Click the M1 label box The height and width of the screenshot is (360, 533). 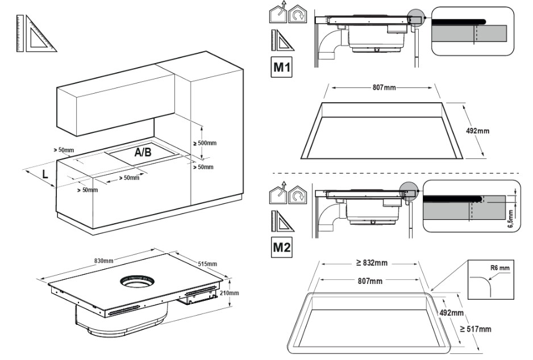(x=281, y=67)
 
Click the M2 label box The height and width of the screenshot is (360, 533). (x=281, y=247)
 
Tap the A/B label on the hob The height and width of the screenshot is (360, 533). (x=143, y=153)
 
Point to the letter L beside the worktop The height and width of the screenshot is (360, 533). (x=45, y=174)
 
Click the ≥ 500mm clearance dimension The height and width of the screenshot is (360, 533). (x=205, y=143)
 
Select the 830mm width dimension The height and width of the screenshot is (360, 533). (x=103, y=261)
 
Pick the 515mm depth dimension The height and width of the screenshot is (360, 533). (x=207, y=264)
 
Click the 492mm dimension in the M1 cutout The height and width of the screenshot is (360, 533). (x=477, y=131)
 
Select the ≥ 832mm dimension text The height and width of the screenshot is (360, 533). (x=372, y=263)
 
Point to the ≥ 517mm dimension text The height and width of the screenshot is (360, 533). (x=476, y=329)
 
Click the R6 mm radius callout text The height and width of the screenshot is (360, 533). (x=500, y=268)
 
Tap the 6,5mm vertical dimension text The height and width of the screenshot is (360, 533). (x=510, y=219)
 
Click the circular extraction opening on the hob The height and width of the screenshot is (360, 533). (x=137, y=282)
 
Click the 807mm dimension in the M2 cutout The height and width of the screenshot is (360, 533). (x=370, y=281)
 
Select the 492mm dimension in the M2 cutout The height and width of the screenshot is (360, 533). (x=451, y=312)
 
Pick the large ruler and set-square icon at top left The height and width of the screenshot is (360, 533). (x=36, y=34)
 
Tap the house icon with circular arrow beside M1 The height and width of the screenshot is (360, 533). (x=298, y=14)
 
